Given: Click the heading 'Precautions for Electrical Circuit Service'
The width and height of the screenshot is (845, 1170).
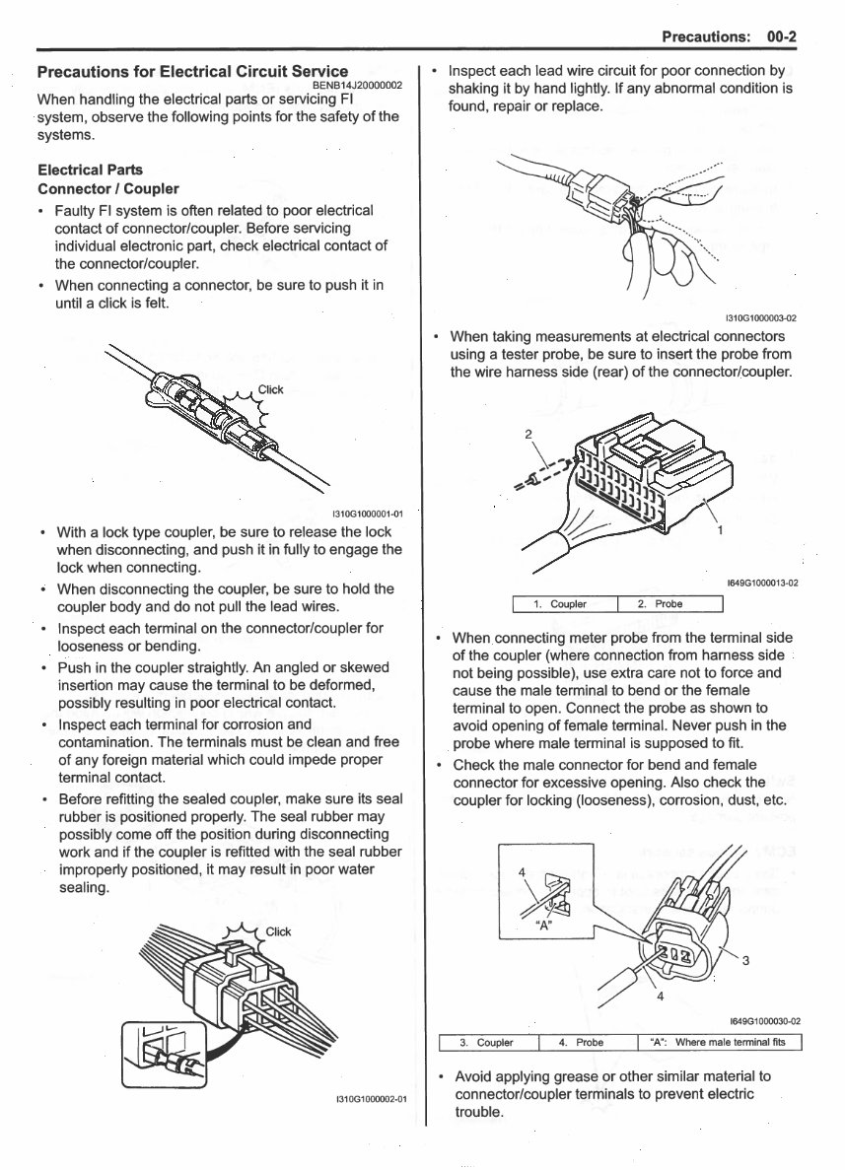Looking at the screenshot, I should [x=191, y=71].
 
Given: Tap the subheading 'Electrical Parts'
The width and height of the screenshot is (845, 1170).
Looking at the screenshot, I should [x=90, y=170].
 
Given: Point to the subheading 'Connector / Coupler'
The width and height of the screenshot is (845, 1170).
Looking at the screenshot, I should [x=108, y=188].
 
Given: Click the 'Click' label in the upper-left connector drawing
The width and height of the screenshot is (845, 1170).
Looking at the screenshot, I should [x=270, y=389].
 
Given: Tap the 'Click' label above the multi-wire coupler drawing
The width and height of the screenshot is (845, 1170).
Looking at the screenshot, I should [x=279, y=931].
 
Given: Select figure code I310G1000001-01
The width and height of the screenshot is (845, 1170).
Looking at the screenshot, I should [x=370, y=514].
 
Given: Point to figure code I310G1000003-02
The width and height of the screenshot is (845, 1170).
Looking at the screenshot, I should [x=760, y=318].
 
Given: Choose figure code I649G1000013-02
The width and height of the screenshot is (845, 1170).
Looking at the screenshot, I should [x=762, y=584].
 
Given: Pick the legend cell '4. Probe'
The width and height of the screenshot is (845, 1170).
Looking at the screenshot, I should [x=582, y=1043].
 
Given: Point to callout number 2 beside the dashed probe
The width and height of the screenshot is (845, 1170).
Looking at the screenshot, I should [x=528, y=435].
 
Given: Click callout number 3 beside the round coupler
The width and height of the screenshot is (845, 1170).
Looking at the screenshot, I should [x=745, y=961].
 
